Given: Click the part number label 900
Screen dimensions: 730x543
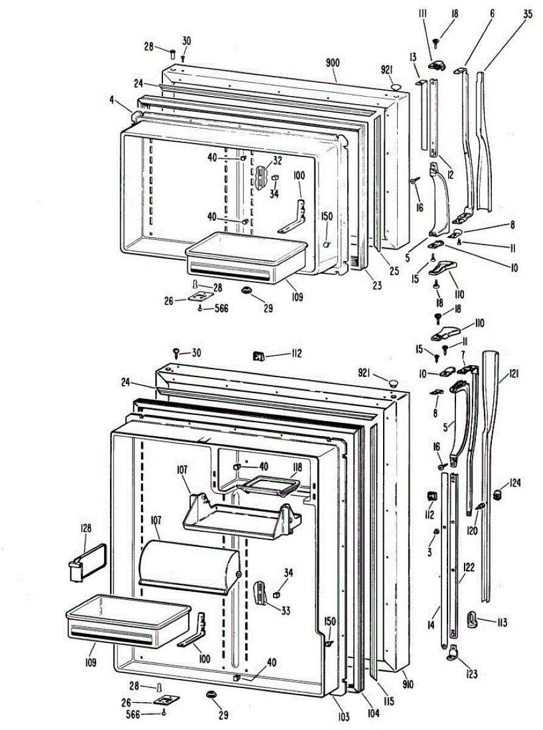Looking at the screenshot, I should (333, 64).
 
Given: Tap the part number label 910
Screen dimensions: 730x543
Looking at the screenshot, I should (407, 684).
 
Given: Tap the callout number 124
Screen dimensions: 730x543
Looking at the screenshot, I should (516, 484).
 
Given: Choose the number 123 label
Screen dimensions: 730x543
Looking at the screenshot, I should (472, 673).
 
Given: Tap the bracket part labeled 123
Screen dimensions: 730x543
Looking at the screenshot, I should (454, 652).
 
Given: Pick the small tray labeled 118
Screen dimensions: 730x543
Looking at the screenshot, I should (269, 485).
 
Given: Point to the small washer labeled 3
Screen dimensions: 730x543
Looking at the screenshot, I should (435, 533).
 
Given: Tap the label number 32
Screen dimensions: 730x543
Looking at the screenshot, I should (277, 162).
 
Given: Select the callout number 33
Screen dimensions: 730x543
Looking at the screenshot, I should (284, 595).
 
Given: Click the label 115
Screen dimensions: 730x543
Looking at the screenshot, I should (382, 700).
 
